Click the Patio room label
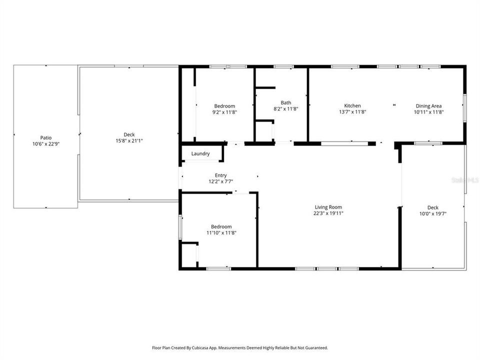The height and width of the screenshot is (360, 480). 46,137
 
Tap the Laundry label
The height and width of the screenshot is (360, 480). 200,154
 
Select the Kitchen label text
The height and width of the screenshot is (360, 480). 352,105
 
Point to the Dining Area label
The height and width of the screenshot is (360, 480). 428,105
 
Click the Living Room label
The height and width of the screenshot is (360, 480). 328,207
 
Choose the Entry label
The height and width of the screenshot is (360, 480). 221,175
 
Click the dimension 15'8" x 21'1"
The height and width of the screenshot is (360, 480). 129,140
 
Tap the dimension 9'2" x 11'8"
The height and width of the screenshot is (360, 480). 224,112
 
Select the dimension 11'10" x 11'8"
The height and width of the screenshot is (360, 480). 221,232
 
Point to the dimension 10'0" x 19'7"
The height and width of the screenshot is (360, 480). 433,213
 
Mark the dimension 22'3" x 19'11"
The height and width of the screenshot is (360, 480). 328,213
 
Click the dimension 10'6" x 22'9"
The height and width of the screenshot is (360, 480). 46,144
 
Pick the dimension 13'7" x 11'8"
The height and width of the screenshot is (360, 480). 352,112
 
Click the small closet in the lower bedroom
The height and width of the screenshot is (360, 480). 189,255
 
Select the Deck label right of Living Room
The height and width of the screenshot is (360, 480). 433,207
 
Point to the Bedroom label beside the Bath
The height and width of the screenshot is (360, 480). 224,105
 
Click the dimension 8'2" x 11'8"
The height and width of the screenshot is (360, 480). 285,108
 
